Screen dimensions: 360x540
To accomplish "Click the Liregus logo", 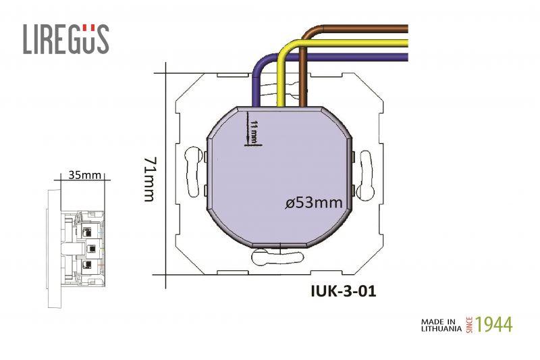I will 65,39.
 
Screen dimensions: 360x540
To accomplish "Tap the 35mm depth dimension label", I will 85,175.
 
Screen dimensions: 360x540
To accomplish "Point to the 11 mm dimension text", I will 254,132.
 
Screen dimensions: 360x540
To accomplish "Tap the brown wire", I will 364,29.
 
